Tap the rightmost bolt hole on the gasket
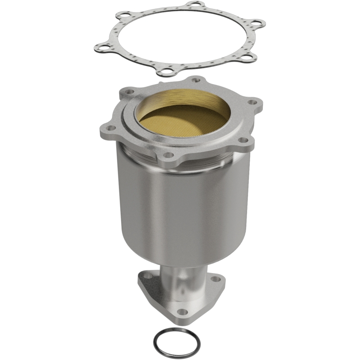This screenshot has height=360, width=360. [256, 22]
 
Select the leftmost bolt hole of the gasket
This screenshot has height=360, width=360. [103, 47]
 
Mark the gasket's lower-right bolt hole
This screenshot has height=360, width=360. [247, 56]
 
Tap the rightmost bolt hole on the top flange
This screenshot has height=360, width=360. [253, 102]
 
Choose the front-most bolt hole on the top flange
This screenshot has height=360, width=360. [167, 155]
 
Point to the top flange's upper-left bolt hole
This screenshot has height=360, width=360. [129, 91]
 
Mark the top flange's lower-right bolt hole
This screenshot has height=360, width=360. [243, 140]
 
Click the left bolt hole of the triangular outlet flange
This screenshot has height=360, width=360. [145, 279]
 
